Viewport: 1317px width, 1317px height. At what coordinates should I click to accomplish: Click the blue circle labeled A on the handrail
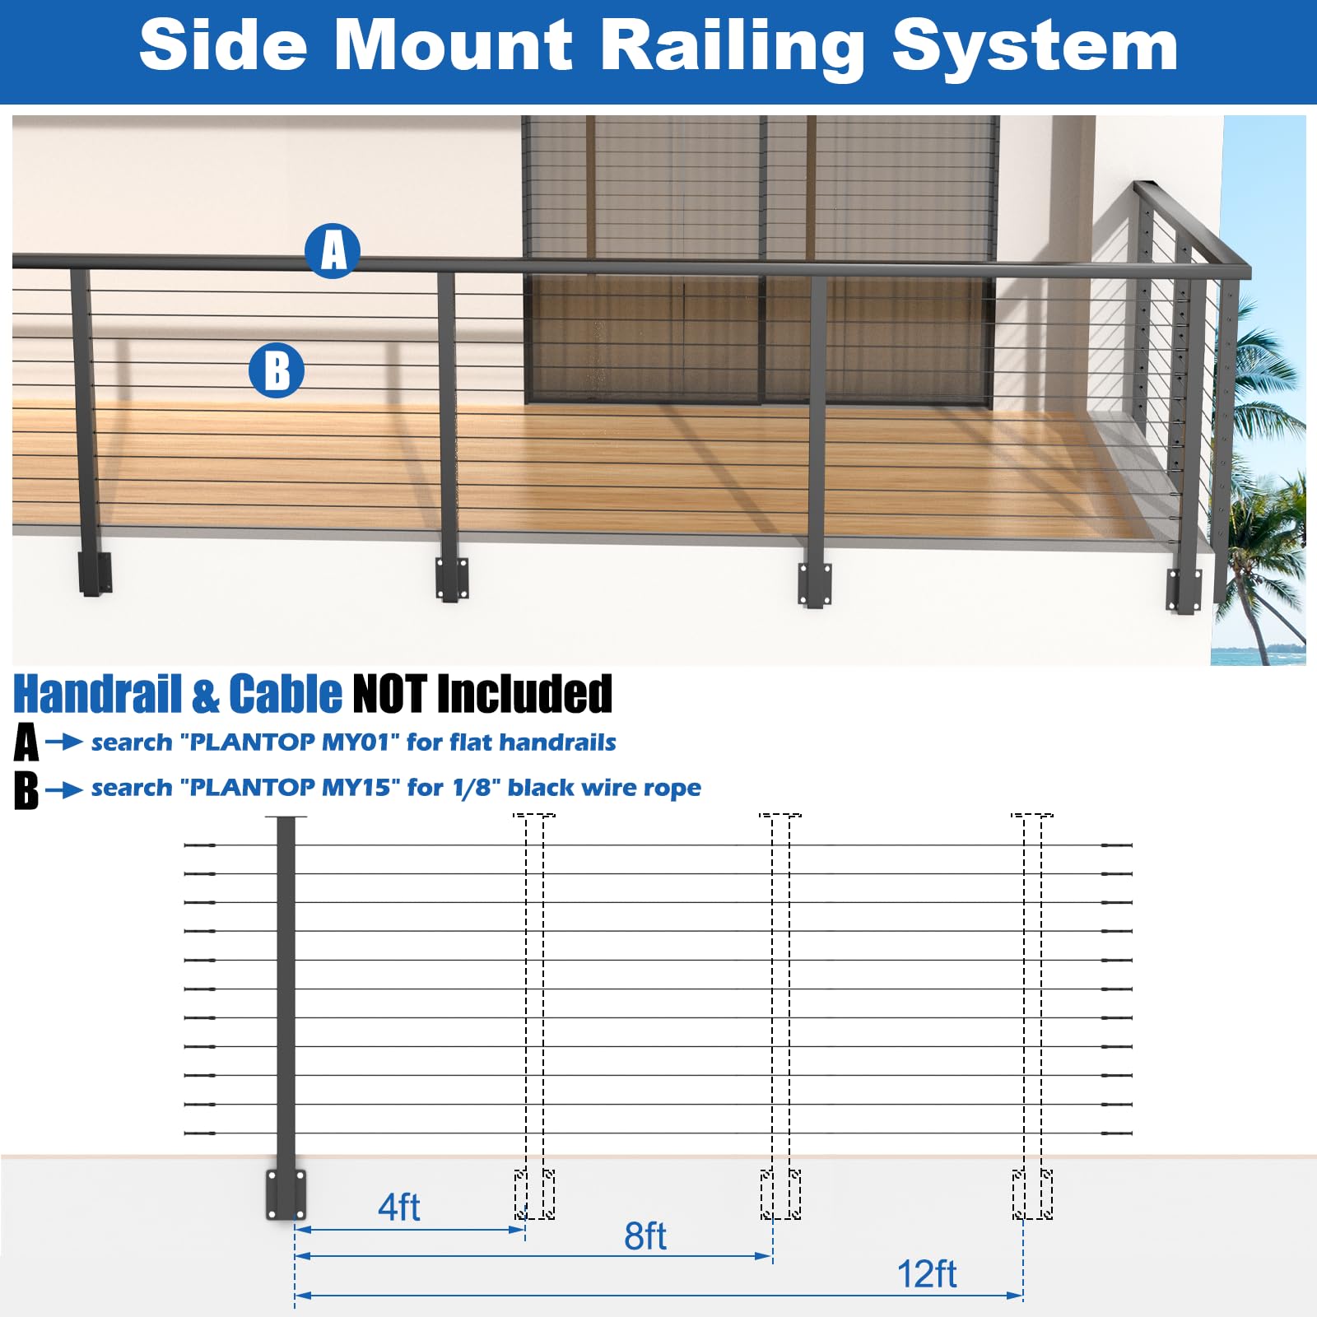(x=333, y=250)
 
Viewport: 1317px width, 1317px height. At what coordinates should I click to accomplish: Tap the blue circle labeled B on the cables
(x=277, y=370)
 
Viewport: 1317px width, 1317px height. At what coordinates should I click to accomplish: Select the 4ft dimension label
(x=399, y=1208)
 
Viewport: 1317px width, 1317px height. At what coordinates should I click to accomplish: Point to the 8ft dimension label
(x=645, y=1236)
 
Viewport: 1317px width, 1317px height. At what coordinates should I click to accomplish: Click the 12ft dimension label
(x=927, y=1274)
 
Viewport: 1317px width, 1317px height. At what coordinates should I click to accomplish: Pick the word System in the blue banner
(x=1035, y=48)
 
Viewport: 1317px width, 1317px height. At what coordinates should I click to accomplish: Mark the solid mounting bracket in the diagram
(x=286, y=1194)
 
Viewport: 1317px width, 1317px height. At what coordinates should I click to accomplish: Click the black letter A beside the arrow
(x=26, y=742)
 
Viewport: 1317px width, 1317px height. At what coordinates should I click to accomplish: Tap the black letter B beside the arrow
(x=26, y=790)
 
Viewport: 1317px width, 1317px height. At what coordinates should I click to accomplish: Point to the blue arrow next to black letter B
(x=64, y=790)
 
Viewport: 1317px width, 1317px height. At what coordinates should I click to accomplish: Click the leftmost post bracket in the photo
(x=95, y=573)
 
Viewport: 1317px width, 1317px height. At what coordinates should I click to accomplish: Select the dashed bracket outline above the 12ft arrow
(x=1032, y=1194)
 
